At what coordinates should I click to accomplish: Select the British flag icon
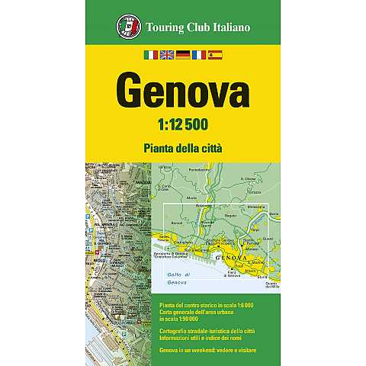166,55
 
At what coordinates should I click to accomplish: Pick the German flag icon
182,55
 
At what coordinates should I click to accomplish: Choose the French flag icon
198,55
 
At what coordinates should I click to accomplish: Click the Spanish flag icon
214,55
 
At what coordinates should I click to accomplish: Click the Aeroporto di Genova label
172,255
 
